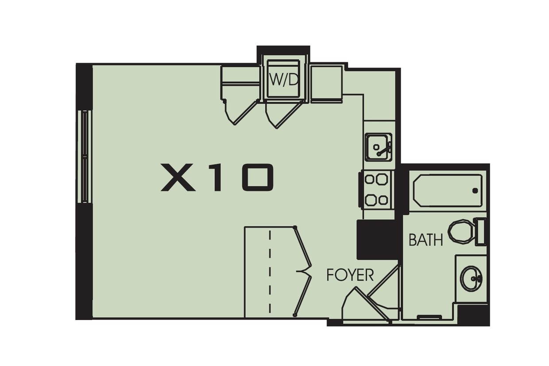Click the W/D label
283,80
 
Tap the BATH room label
426,240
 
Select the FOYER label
350,275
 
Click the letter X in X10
178,177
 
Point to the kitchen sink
379,147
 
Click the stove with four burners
376,190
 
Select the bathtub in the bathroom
448,191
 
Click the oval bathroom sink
471,278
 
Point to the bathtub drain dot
475,191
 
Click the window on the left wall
85,156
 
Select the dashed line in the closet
270,271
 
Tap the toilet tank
481,232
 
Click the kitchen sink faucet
384,150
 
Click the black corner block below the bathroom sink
474,315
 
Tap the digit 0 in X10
258,177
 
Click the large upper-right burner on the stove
382,179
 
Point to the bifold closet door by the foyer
303,271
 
